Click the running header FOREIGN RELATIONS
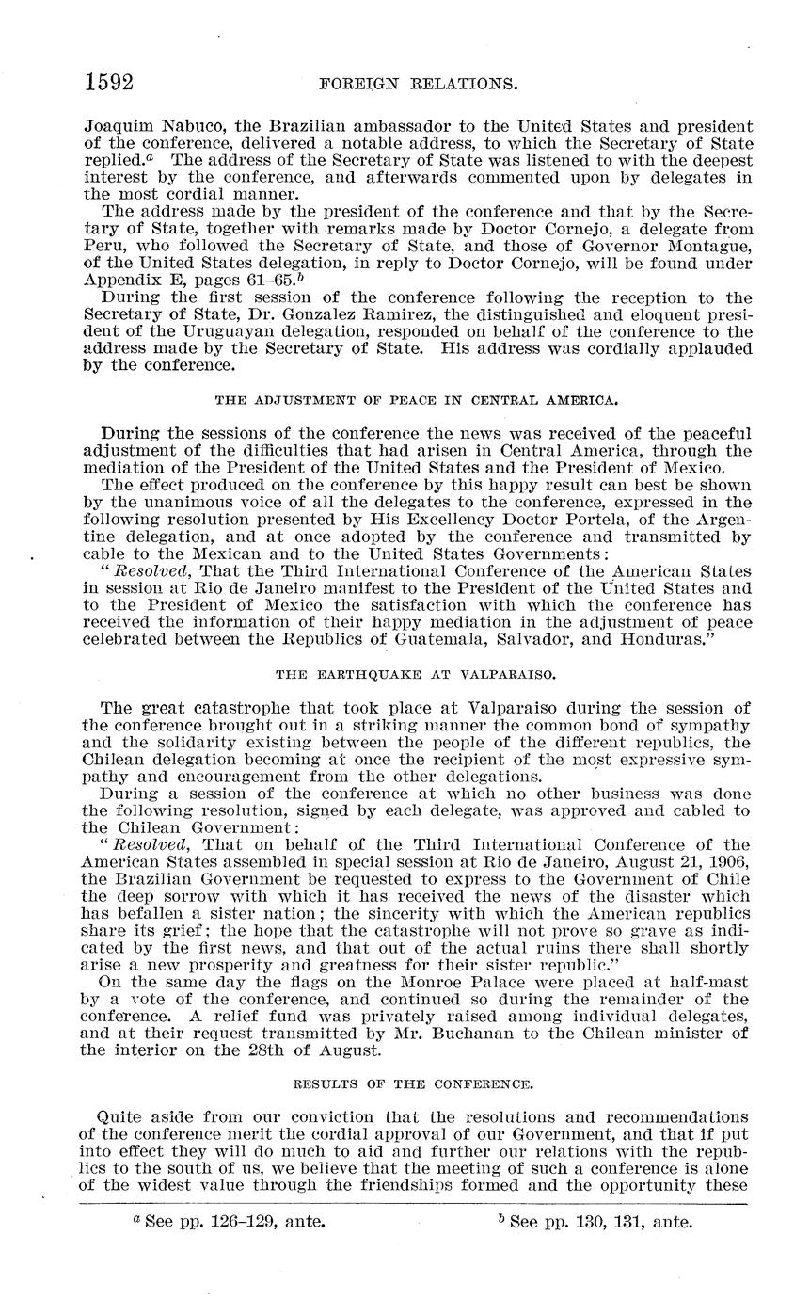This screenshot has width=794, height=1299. coord(420,84)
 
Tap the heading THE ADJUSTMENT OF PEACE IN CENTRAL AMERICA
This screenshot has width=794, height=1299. coord(417,399)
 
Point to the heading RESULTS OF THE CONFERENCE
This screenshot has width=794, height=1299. coord(416,1083)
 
